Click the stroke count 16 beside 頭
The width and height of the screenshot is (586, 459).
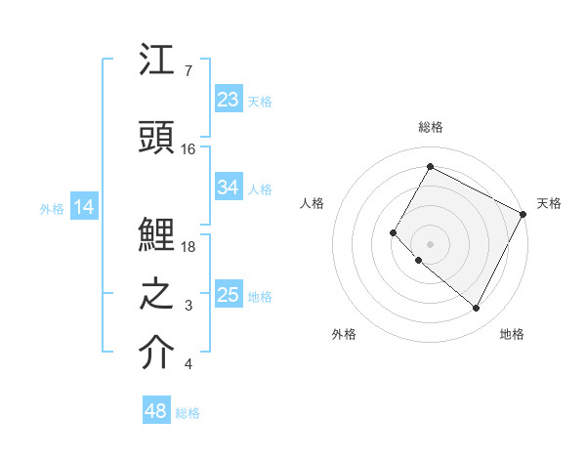188,149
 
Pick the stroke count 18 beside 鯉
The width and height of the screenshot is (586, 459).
188,246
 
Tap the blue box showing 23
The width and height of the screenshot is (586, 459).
229,100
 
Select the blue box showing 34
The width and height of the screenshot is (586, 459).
229,188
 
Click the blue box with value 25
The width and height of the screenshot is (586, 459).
229,295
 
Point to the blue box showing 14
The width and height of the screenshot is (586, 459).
84,207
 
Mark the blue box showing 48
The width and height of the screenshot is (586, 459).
155,411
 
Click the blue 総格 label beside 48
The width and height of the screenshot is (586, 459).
188,413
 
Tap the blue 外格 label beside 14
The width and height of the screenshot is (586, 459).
52,208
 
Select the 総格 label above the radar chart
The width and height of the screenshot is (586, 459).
431,127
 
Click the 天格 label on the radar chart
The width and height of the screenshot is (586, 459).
549,203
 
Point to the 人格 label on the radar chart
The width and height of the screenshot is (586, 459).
312,203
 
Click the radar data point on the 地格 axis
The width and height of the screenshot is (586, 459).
477,309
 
